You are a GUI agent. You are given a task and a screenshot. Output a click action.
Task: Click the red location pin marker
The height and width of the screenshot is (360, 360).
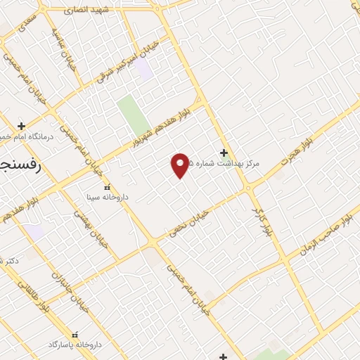coord(181,165)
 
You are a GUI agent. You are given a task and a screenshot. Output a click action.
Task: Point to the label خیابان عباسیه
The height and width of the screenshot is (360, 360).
coord(62,47)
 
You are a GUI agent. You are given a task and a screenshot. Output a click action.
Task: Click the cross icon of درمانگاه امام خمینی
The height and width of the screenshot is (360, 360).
coord(22,126)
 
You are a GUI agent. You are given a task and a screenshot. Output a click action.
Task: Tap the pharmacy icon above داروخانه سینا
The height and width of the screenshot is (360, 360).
coord(107,187)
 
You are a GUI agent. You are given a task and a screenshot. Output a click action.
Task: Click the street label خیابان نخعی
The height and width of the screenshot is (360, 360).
coord(188,222)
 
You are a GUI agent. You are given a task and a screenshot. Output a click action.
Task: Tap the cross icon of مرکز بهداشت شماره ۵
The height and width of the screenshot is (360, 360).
coord(224,153)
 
